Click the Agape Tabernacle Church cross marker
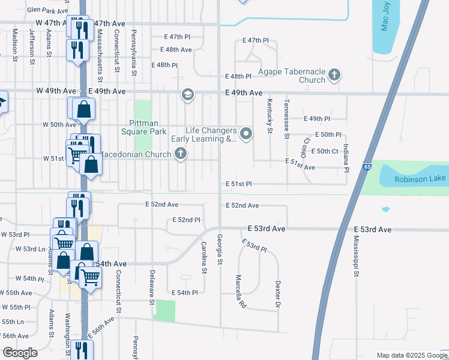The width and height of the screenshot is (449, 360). (x=334, y=76)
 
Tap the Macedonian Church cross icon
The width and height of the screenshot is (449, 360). (x=179, y=154)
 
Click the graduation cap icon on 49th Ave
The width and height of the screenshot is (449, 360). (x=187, y=94)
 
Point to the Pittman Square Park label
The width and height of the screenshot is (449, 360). (x=143, y=127)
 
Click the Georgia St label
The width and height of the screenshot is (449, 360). (x=220, y=250)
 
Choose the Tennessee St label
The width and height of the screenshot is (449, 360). (x=286, y=119)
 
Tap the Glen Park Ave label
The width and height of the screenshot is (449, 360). (x=48, y=11)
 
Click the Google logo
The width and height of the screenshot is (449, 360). (x=20, y=353)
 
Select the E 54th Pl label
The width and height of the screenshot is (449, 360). (x=184, y=292)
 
